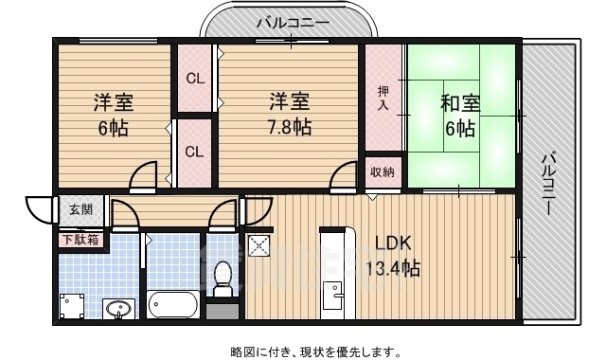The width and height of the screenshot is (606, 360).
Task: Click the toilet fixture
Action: pos(223,279)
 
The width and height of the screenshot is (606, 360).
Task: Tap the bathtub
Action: pos(172,304)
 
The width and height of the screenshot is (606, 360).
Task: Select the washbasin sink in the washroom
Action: pos(119,309)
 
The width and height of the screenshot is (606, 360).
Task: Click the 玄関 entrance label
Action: pos(81,210)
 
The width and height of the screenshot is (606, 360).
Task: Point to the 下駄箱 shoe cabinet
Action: pos(80,240)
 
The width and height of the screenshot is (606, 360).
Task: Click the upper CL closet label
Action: pos(195,79)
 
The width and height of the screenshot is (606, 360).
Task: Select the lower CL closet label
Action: pos(194,152)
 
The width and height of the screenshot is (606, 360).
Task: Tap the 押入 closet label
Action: pos(383,98)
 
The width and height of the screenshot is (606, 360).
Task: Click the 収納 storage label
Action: pos(383,171)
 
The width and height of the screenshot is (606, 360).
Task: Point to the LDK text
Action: pos(394,243)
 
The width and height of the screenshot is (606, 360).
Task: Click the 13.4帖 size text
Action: pos(393,268)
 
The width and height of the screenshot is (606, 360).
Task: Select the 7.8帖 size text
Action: pos(290,126)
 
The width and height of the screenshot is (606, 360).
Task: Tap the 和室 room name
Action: pos(460,103)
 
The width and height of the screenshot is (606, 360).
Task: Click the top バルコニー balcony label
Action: pos(294,23)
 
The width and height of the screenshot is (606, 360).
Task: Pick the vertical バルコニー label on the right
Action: pos(548,184)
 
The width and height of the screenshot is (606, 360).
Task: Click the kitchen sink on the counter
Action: pos(333,296)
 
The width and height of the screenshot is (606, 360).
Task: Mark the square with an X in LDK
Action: pos(259,246)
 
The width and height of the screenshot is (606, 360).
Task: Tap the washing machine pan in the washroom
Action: pos(72,306)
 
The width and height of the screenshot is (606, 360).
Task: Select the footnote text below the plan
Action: pos(315,351)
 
